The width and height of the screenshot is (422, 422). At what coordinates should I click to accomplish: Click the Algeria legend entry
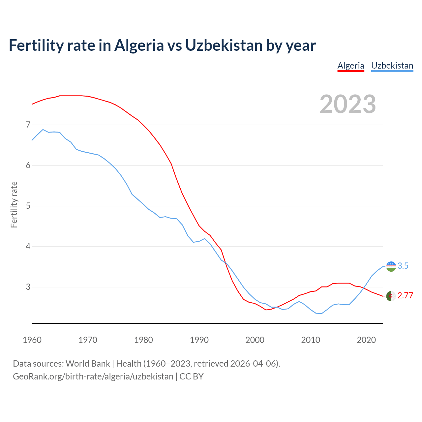pos(351,66)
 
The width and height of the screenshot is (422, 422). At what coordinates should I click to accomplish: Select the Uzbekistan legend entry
pos(392,66)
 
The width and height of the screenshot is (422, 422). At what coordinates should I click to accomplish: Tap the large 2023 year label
pos(348,104)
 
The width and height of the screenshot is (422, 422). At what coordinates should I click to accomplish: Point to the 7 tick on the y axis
pos(28,125)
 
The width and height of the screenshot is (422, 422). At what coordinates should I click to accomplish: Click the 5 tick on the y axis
pos(28,206)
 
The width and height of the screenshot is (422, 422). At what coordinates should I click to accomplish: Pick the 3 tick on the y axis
pos(28,287)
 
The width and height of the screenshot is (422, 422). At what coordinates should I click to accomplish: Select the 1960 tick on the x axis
pos(32,340)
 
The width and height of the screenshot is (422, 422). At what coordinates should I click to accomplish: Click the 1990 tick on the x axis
pos(199,340)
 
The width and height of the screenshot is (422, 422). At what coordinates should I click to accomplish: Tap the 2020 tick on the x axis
pos(366,340)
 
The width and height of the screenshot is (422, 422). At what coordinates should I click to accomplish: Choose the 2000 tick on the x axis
pos(255,340)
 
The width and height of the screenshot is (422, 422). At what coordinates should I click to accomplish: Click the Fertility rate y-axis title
pos(14,204)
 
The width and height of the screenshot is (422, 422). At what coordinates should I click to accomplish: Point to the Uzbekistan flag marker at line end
pos(391,266)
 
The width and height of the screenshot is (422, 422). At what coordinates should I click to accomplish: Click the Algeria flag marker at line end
pos(391,296)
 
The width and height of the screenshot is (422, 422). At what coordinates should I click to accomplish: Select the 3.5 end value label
pos(403,266)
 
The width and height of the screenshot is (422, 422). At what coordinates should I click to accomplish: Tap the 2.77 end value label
pos(405,296)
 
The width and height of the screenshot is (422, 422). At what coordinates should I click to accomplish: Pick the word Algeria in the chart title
pos(139,45)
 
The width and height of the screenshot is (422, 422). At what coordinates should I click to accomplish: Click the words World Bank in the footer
pos(88,364)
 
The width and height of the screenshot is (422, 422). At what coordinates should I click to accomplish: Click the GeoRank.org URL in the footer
pos(93,377)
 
